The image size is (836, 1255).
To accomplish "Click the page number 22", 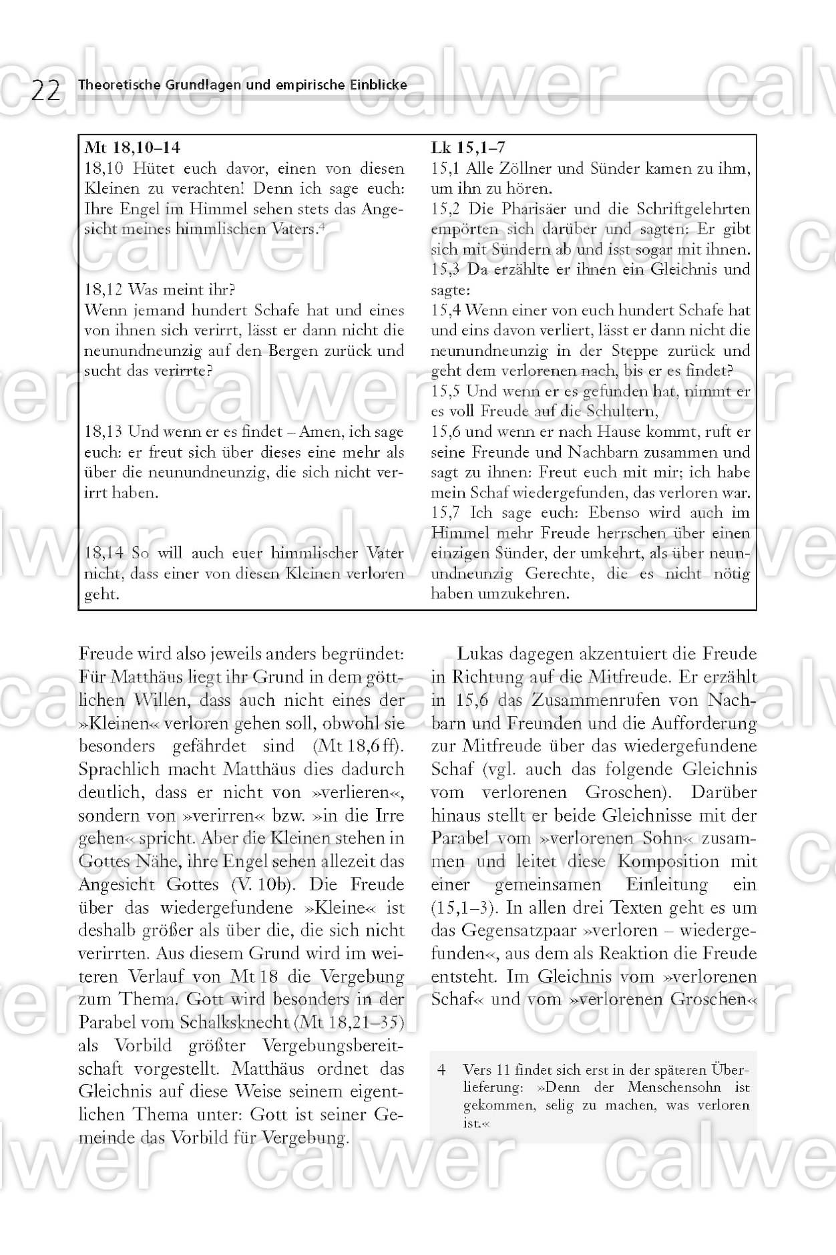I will [x=45, y=90].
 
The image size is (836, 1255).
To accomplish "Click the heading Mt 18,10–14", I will [x=132, y=148].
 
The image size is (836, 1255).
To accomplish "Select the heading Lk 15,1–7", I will [x=468, y=148].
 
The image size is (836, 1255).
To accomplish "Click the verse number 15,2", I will [x=446, y=209].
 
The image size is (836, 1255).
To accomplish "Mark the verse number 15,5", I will [x=446, y=391].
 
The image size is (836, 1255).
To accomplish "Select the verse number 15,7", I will [x=446, y=513].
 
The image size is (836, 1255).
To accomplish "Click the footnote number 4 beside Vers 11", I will [x=441, y=1069].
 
